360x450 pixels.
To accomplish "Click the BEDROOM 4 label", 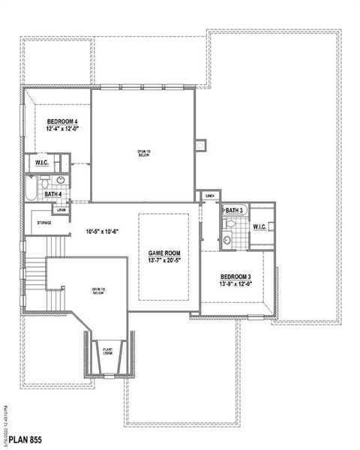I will pos(62,121).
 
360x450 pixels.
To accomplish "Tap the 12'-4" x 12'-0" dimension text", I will pos(62,129).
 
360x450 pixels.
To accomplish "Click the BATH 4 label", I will pos(52,194).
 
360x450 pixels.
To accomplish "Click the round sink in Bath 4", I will pos(61,181).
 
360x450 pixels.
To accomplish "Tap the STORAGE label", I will pos(42,223).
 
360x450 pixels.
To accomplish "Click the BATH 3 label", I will pos(232,211).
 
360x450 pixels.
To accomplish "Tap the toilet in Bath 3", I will pos(229,223).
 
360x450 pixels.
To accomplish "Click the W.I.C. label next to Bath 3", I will pos(261,226).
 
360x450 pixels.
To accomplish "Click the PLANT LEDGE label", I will pos(107,351).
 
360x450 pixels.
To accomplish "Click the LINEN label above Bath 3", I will pos(210,196).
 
